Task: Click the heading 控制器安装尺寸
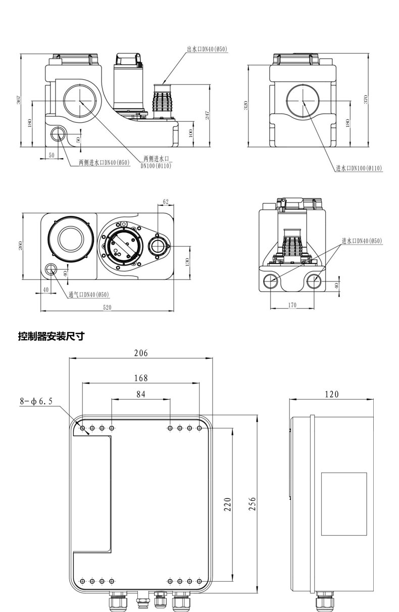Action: tap(51, 336)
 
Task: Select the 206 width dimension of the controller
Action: tap(141, 353)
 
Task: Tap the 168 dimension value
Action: tap(141, 378)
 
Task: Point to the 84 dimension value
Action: tap(141, 394)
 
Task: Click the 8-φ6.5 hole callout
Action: tap(36, 401)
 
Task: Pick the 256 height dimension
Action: tap(254, 504)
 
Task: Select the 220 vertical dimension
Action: tap(227, 504)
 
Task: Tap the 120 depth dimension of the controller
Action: tap(332, 394)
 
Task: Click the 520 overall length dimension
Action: tap(107, 307)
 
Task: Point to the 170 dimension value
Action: tap(292, 305)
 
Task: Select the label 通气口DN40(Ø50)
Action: tap(89, 294)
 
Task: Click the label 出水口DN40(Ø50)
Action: tap(207, 49)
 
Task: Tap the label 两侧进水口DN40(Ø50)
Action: tap(104, 162)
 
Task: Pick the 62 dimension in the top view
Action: tap(165, 202)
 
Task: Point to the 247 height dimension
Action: tap(207, 115)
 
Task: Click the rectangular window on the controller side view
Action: tap(344, 503)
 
